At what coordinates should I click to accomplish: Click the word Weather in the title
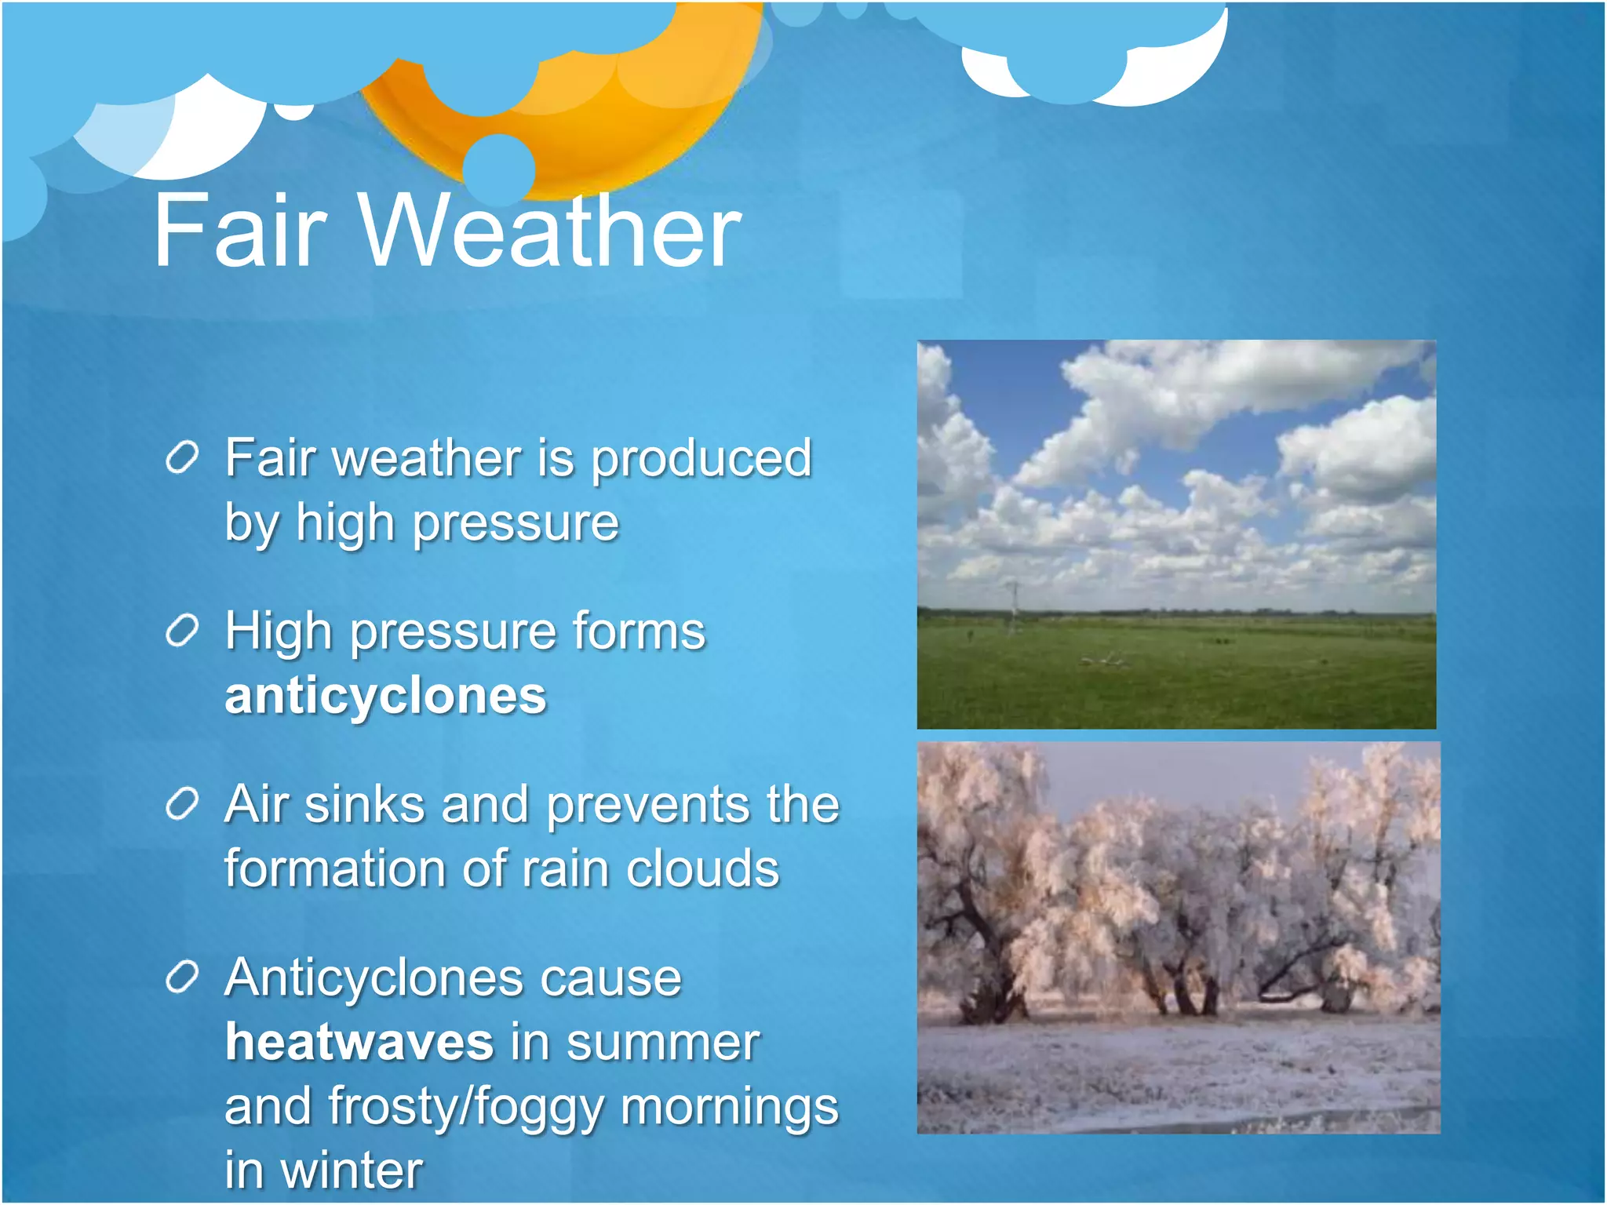coord(549,231)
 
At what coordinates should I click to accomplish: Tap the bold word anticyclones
coord(385,696)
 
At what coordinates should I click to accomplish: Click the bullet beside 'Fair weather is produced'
coord(182,457)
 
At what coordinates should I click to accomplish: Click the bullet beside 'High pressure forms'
coord(182,631)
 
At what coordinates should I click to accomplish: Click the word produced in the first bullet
coord(701,460)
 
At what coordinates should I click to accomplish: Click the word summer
coord(663,1043)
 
